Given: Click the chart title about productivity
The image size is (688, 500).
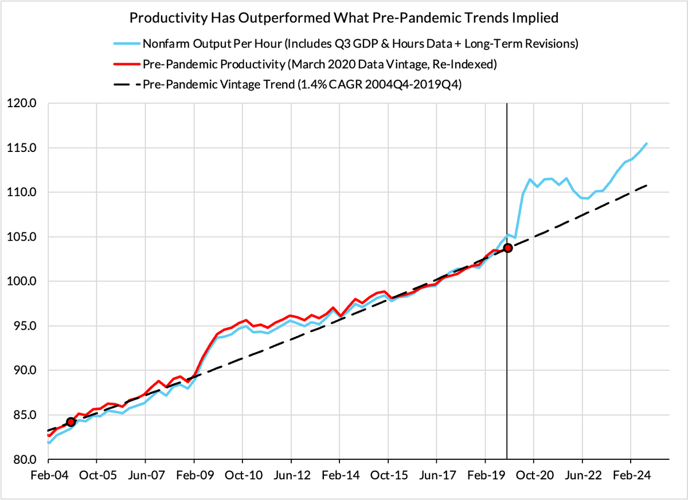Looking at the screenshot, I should click(344, 18).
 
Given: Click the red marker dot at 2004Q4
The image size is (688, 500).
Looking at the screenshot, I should click(71, 422).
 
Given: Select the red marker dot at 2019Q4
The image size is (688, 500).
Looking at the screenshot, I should click(507, 248).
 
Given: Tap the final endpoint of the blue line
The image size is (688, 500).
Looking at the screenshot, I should click(647, 143).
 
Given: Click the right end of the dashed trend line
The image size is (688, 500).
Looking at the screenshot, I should click(647, 185).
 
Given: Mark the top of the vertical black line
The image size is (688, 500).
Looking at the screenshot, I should click(507, 104).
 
